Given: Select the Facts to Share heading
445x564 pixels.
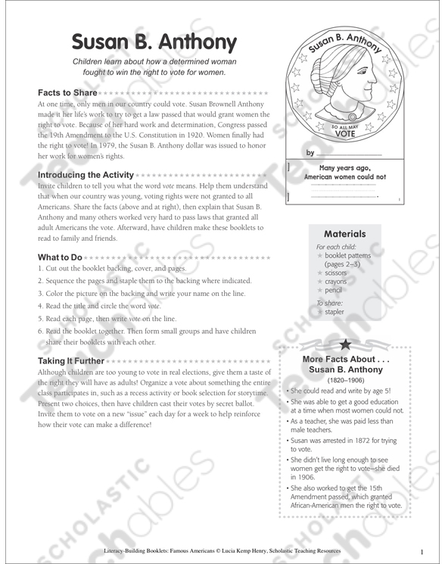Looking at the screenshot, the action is point(67,92).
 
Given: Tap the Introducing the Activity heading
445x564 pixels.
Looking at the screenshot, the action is point(86,175).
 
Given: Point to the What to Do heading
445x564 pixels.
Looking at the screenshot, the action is point(60,257).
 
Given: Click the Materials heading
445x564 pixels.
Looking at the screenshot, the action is point(344,235).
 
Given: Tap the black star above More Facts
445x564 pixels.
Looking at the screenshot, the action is point(345,344).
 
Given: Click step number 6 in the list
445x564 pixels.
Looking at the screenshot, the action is point(40,331).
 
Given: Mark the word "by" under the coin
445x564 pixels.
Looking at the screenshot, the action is point(310,153).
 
